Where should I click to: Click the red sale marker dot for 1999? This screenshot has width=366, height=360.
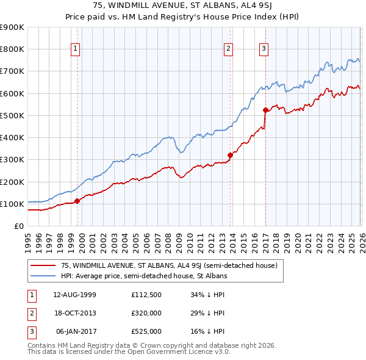click(x=77, y=201)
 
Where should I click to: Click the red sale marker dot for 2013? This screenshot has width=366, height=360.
click(x=231, y=155)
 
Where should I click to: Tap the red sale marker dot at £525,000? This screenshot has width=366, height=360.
click(x=265, y=110)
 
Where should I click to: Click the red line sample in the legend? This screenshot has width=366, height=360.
click(x=43, y=265)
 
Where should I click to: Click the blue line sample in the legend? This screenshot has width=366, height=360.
click(x=43, y=276)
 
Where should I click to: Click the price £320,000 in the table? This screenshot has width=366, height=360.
click(x=146, y=312)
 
